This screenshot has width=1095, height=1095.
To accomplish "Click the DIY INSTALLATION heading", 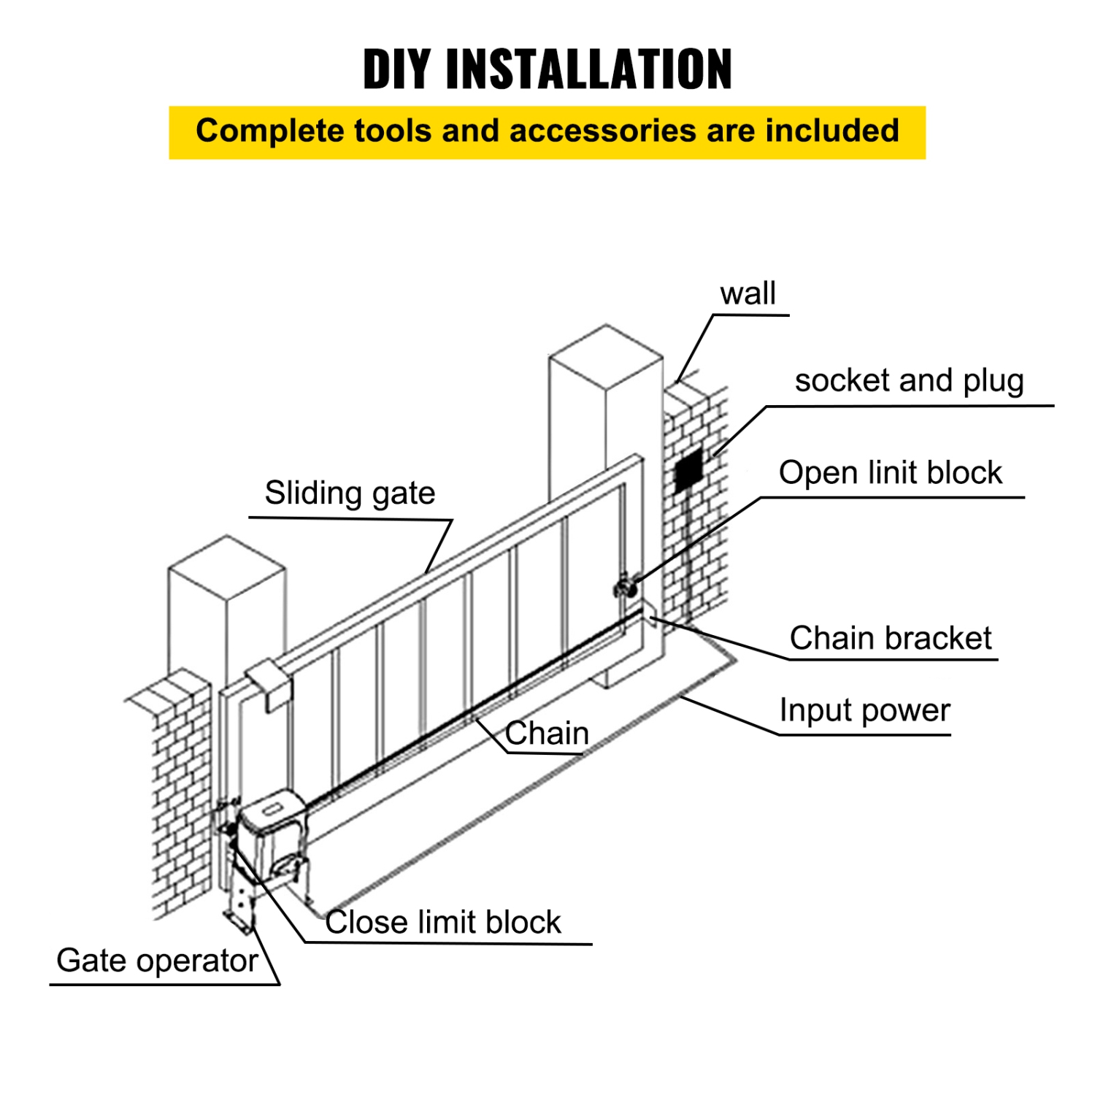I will (547, 69).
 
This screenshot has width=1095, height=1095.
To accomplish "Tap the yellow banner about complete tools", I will (547, 132).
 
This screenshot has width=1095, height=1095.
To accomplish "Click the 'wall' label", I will (748, 293).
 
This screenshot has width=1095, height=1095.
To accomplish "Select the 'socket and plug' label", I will (909, 381).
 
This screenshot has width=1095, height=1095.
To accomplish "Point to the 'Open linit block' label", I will (890, 473).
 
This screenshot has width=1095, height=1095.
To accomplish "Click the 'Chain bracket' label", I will (890, 638).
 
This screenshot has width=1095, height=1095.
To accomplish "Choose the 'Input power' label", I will (864, 710).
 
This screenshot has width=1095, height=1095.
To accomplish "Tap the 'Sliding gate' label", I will (350, 493).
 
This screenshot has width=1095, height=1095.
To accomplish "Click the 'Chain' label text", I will (547, 733).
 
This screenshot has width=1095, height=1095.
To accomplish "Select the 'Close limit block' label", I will (443, 922).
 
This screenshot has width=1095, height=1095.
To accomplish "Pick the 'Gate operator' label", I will (157, 961).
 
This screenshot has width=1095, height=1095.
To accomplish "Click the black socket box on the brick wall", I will (688, 472).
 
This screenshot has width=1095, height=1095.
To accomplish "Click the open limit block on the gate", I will (625, 588).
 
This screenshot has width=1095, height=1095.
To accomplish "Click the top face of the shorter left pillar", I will (227, 566).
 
